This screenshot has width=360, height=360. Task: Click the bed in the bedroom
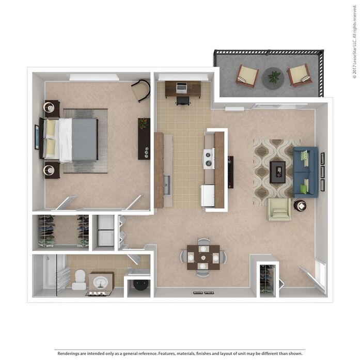tap(77, 140)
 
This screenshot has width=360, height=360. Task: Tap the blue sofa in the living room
tap(305, 172)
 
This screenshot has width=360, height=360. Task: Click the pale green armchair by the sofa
tap(279, 209)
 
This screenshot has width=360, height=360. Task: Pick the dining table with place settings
tap(203, 257)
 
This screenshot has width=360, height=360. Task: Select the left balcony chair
tap(247, 75)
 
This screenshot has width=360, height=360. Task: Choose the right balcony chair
tap(300, 74)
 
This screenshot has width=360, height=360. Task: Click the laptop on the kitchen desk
tap(181, 88)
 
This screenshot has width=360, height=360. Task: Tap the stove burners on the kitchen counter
tap(209, 158)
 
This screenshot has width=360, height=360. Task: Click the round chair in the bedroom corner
tap(140, 90)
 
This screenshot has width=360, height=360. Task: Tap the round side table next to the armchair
tap(300, 206)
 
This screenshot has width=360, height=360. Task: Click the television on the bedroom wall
tap(37, 137)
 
